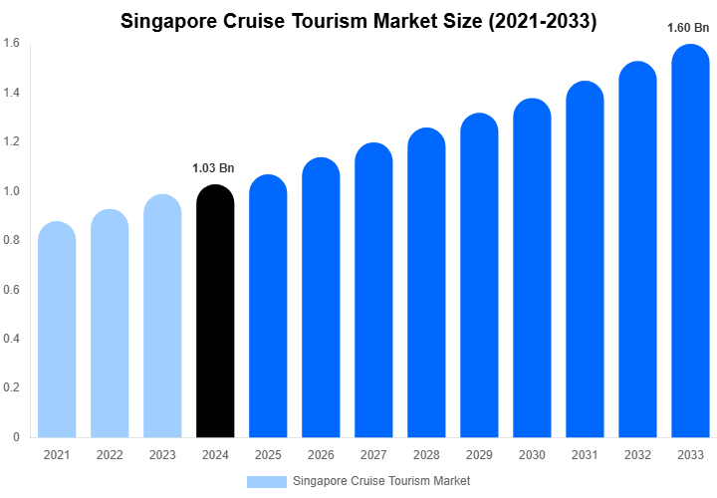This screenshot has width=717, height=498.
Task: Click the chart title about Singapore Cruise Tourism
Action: (x=358, y=21)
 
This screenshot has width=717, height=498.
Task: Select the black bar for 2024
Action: (x=215, y=314)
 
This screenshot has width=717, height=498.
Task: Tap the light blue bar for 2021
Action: (x=57, y=334)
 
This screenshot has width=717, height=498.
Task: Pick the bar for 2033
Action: (x=691, y=244)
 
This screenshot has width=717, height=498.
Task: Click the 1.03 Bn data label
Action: (x=214, y=168)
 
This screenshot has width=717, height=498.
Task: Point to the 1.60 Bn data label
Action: (x=688, y=28)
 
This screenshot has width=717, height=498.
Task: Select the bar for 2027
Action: (x=373, y=294)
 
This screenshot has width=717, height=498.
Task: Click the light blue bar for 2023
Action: (x=162, y=319)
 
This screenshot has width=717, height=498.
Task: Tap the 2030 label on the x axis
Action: (x=532, y=455)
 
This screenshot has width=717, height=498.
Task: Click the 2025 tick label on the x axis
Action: (x=268, y=455)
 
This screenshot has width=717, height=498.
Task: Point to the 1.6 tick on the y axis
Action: (x=11, y=44)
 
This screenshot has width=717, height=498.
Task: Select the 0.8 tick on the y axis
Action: (x=11, y=240)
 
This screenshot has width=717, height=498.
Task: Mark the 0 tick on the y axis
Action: (x=15, y=437)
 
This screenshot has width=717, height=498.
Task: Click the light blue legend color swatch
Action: (x=266, y=481)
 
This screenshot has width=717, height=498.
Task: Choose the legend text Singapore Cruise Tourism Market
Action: (x=381, y=481)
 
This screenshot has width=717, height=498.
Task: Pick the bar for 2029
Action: (x=479, y=279)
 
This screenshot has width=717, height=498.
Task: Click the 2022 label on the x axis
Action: (x=110, y=455)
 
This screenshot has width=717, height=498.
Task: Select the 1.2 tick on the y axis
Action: (x=11, y=142)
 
